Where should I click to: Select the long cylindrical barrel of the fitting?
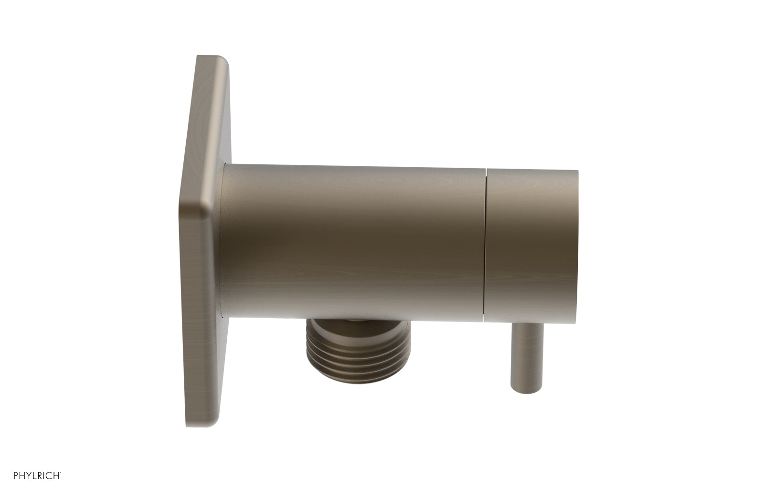pos(353,244)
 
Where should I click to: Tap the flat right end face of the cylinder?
pos(576,244)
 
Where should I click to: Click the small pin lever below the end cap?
pos(526,354)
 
